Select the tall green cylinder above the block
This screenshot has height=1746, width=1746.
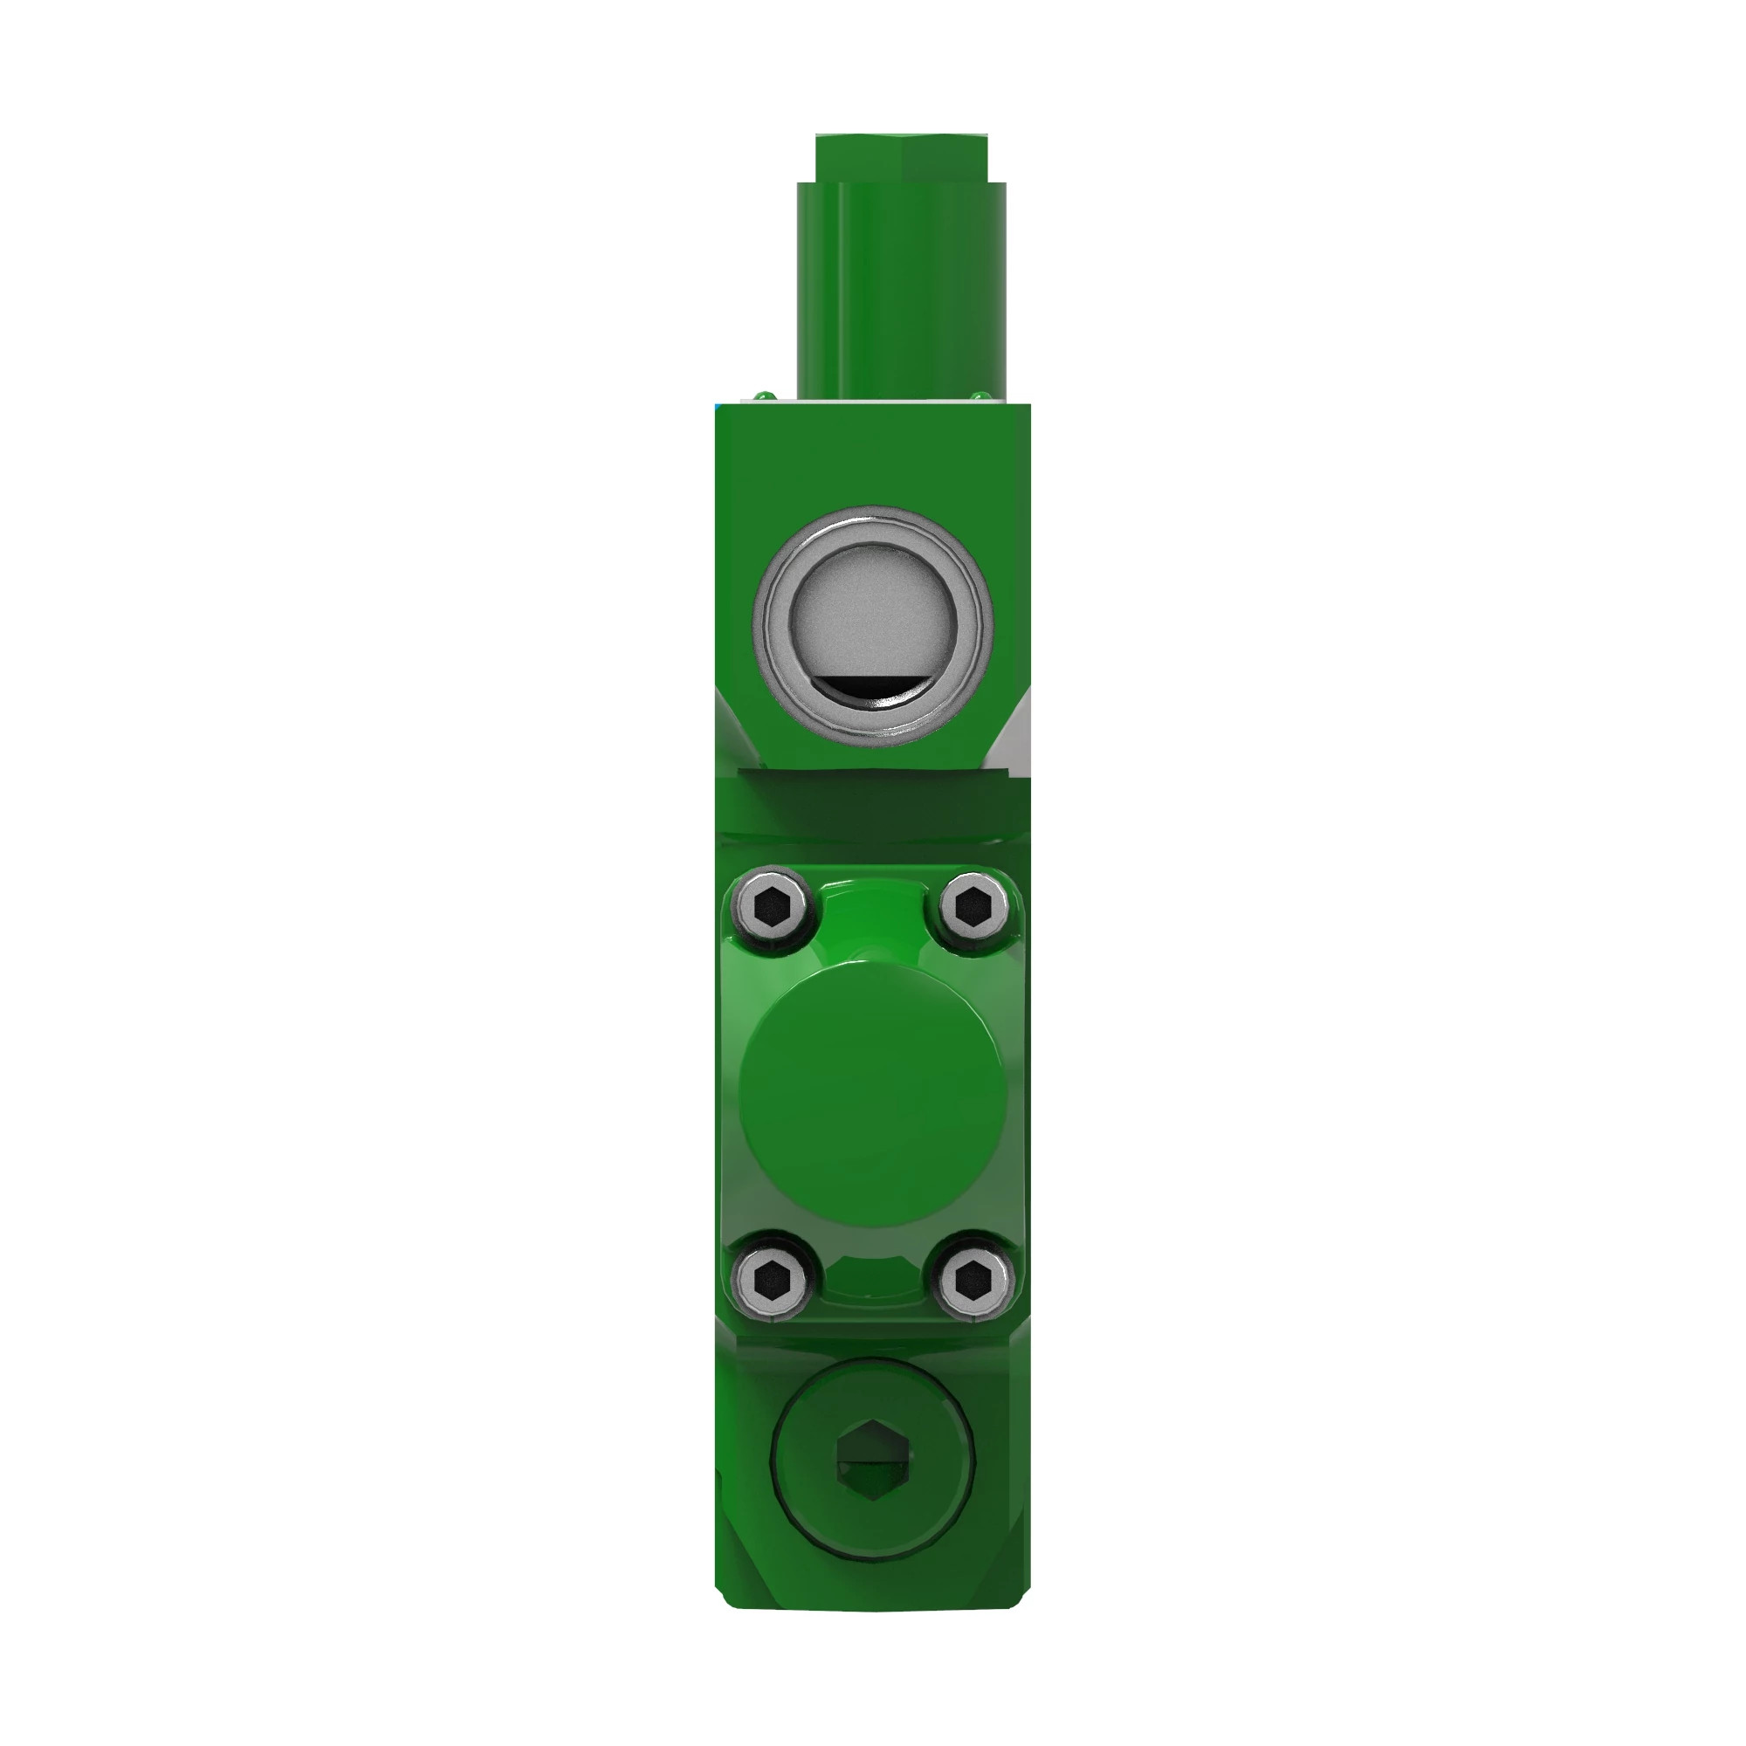(902, 289)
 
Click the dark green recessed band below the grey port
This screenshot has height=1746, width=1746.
(873, 804)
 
